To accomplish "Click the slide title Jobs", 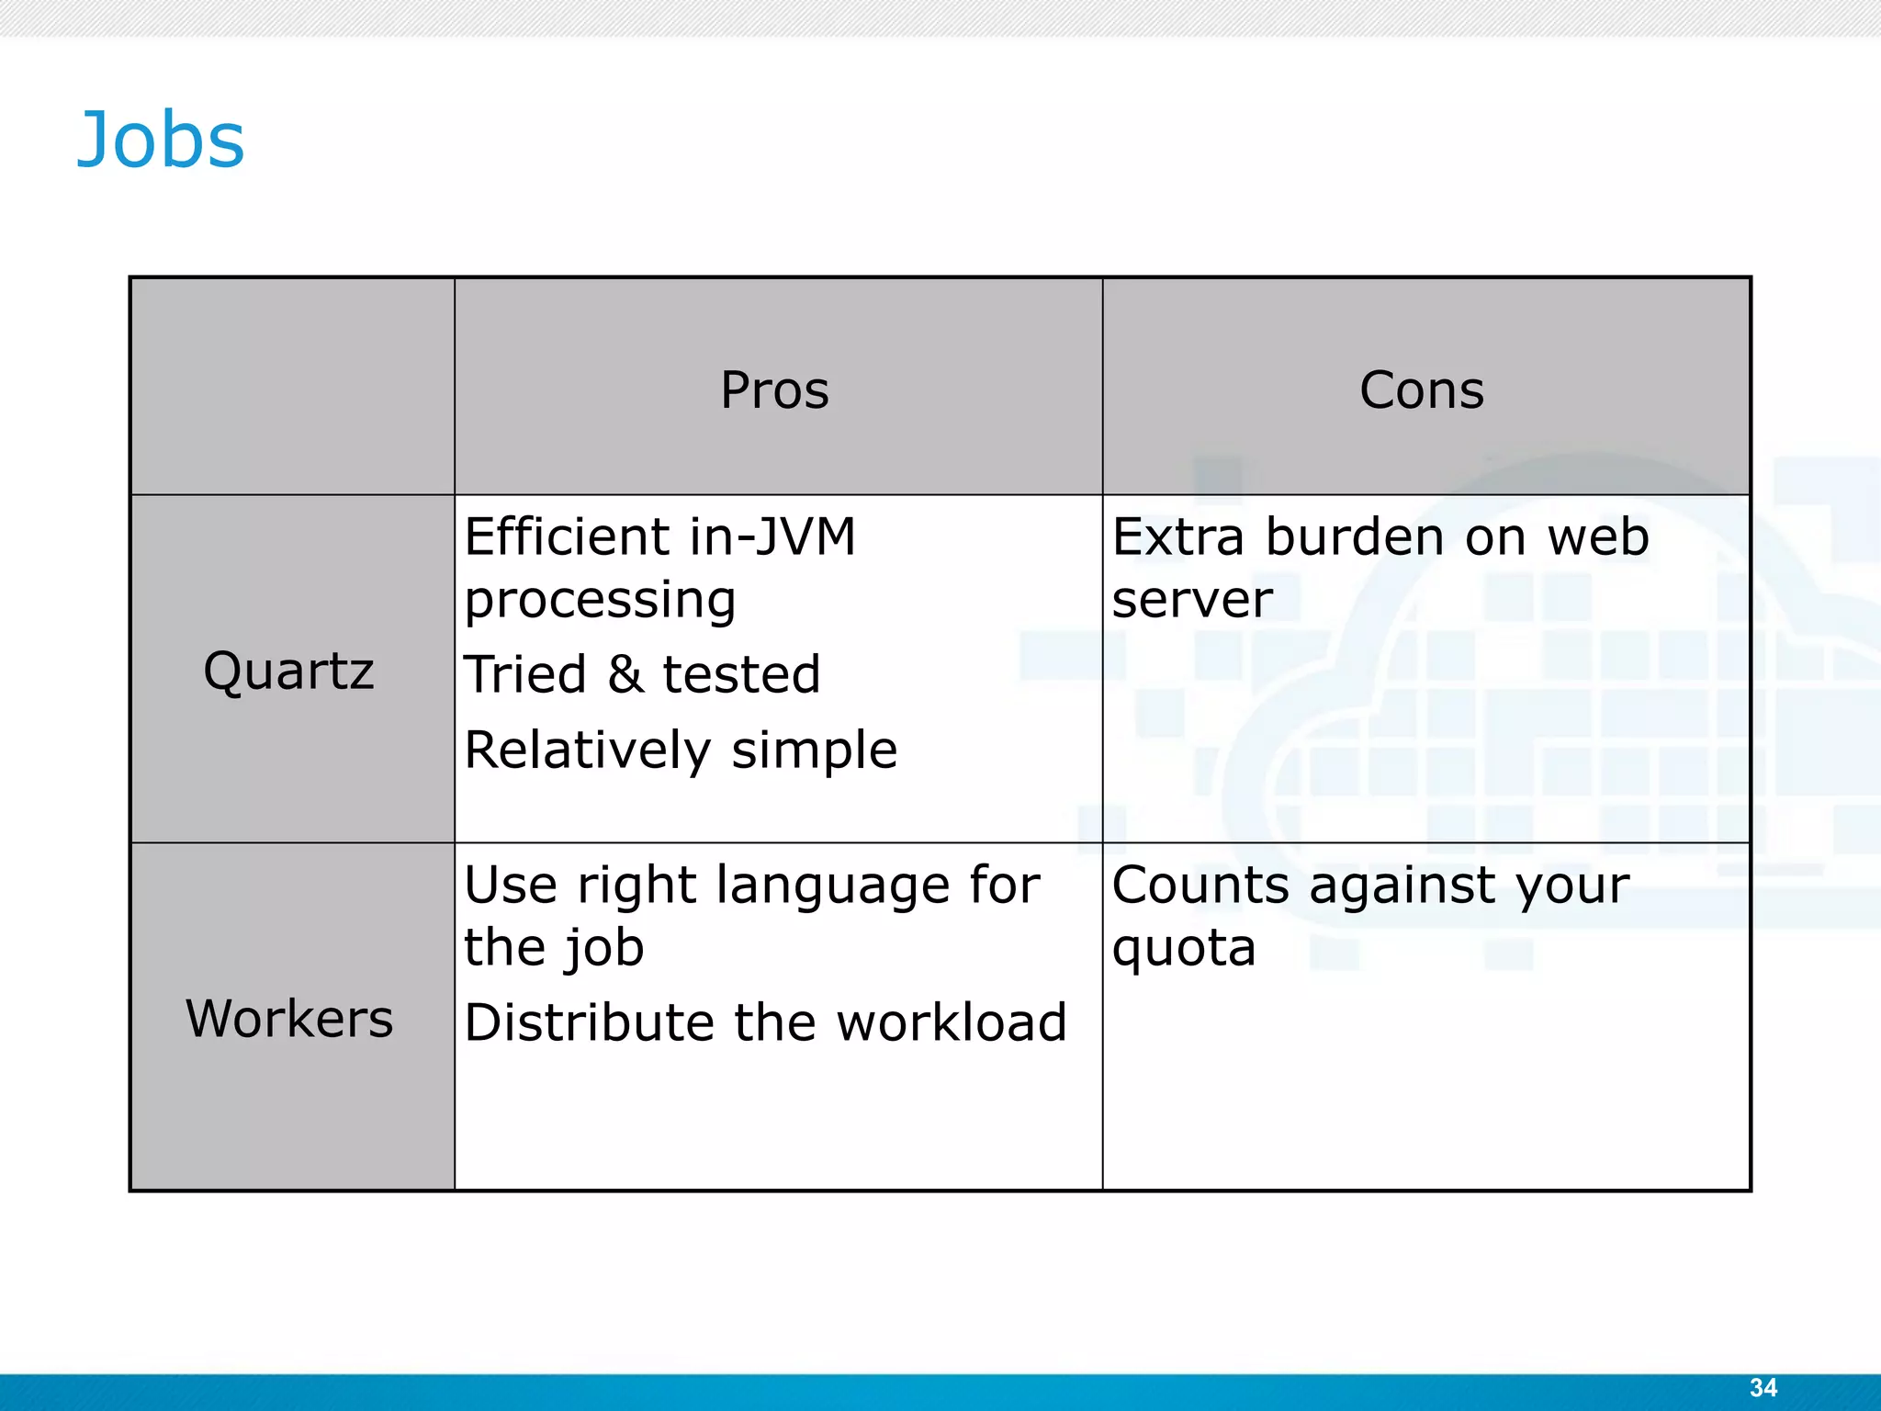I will pos(161,140).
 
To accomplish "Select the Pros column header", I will pos(774,389).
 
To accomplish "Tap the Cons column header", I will pos(1421,389).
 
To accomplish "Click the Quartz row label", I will pos(288,671).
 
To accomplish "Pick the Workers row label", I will pos(289,1019).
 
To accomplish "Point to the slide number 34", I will pos(1763,1387).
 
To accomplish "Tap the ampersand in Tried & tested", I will pos(625,674).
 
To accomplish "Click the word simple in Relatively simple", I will pos(814,750).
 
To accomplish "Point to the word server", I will pos(1191,601).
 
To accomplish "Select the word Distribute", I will pos(589,1022).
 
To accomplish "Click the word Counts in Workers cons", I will pos(1200,886).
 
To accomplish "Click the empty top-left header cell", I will pos(292,386).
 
